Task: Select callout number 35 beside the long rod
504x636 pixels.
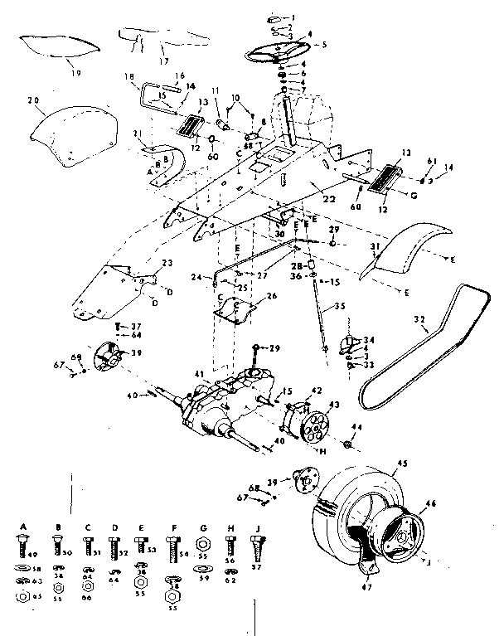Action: pyautogui.click(x=339, y=306)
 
